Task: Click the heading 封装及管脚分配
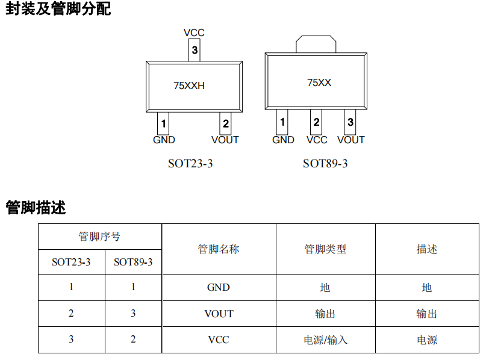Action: click(58, 9)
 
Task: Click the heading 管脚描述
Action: click(36, 208)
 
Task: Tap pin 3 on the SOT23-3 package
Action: click(195, 51)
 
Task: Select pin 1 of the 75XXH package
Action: click(163, 124)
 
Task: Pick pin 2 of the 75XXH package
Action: click(225, 124)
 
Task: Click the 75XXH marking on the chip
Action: click(189, 85)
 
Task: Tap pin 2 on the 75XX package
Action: click(316, 123)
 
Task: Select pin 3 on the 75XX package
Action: click(350, 123)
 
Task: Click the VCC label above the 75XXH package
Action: click(194, 33)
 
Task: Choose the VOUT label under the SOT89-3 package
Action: click(351, 140)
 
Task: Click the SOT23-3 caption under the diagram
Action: click(190, 163)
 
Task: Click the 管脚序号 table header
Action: click(100, 236)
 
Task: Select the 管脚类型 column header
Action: click(325, 249)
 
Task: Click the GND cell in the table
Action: click(219, 288)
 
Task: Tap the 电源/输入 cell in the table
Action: click(325, 340)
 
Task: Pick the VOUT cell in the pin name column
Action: click(219, 314)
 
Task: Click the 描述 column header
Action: click(427, 249)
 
